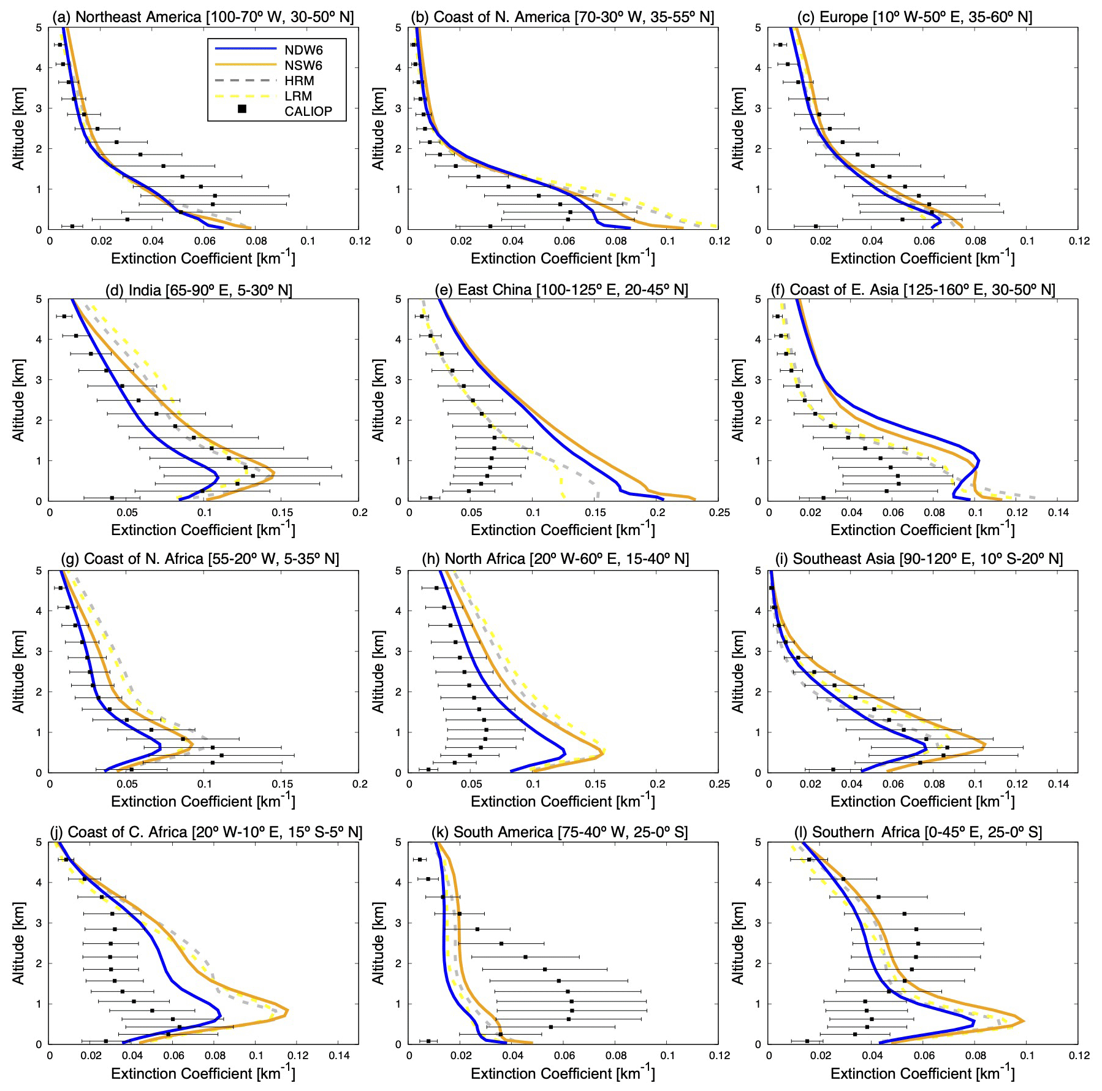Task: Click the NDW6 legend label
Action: [303, 50]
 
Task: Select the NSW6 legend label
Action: [303, 66]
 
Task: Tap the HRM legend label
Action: [299, 81]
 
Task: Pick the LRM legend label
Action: [298, 96]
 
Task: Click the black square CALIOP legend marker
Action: [242, 109]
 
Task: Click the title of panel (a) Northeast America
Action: [203, 17]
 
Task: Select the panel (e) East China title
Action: [561, 289]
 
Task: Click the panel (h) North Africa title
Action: [555, 559]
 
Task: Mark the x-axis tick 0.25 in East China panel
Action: [720, 513]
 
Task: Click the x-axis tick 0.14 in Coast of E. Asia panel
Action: [1058, 513]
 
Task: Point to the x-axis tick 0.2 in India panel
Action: [360, 513]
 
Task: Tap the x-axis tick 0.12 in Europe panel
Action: [1079, 241]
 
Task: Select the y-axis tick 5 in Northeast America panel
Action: [39, 28]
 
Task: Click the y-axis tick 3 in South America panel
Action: [398, 923]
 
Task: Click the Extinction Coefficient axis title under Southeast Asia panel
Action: [922, 801]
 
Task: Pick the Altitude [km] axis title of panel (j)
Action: [18, 943]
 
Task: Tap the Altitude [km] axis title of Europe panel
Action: [738, 129]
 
